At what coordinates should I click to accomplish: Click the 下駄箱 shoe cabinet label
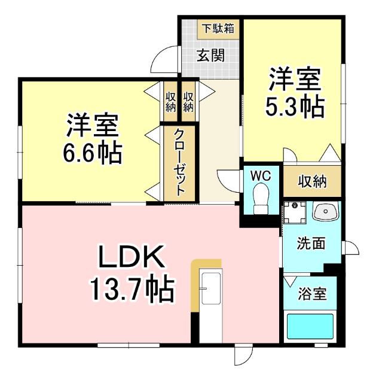[x=217, y=28]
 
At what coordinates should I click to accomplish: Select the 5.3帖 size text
[x=295, y=107]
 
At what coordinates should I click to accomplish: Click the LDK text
[x=131, y=260]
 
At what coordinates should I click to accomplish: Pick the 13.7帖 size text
[x=131, y=290]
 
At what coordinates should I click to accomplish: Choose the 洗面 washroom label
[x=311, y=244]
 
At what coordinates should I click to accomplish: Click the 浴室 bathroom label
[x=312, y=294]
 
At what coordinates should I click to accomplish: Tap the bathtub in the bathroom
[x=310, y=327]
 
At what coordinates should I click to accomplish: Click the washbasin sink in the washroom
[x=326, y=211]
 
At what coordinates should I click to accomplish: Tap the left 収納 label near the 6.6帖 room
[x=170, y=102]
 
